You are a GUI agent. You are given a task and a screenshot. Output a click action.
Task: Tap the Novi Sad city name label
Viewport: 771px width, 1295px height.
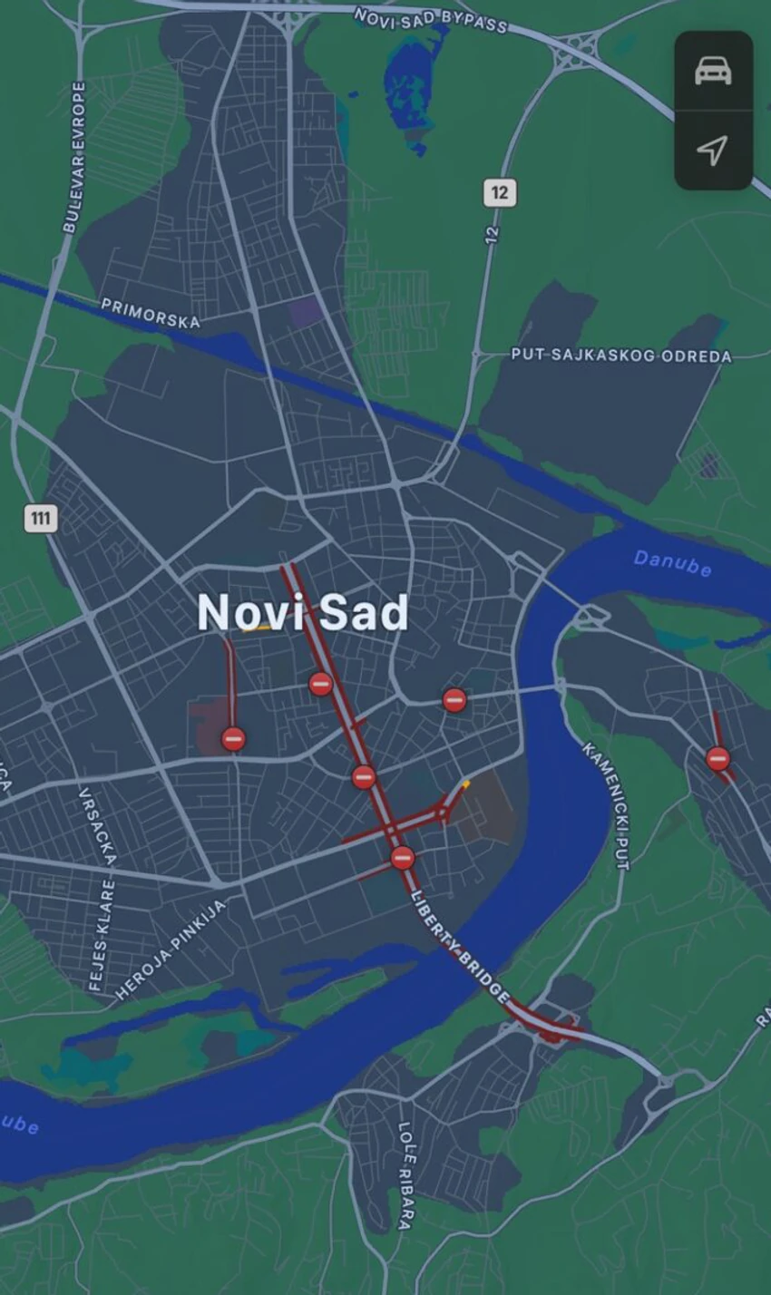(x=303, y=614)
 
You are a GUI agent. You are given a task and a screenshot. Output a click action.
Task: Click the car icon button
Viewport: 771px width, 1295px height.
(x=713, y=71)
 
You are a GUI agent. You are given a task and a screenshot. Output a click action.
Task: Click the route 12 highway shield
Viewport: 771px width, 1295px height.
(x=500, y=192)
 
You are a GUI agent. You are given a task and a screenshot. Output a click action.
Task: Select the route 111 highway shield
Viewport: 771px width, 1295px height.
(x=40, y=519)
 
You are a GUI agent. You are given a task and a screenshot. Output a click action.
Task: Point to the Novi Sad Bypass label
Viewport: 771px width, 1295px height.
(x=430, y=20)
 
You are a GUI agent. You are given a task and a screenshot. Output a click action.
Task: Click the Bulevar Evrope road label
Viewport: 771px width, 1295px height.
(x=75, y=157)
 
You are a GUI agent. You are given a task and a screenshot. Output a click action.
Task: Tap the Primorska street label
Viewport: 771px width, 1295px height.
(x=151, y=313)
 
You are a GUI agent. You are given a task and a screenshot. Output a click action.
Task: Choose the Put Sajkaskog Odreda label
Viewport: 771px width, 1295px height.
(x=621, y=355)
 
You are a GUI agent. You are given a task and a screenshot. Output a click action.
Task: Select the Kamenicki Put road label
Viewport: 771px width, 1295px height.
(x=606, y=806)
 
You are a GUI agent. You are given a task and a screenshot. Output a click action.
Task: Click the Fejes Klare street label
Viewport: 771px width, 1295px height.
(x=101, y=934)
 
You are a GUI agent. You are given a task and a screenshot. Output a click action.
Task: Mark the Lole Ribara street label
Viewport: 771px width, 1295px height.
(x=405, y=1175)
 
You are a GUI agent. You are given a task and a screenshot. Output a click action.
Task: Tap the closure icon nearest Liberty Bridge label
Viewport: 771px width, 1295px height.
(x=403, y=857)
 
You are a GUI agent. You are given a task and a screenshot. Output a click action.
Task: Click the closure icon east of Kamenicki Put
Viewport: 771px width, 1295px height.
(x=717, y=758)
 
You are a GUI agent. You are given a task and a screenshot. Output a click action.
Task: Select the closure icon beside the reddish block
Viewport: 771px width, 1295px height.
(x=233, y=739)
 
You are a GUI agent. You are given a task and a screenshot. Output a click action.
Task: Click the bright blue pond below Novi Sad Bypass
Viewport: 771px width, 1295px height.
(x=413, y=86)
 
